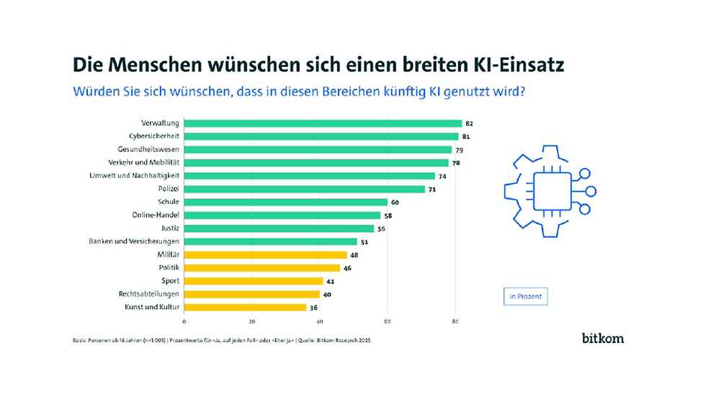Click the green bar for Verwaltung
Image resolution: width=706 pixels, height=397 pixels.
click(323, 123)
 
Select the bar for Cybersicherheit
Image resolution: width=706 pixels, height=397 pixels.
click(321, 136)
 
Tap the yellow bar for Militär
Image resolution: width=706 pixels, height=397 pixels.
click(266, 254)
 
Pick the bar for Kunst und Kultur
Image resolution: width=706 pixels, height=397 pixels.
click(245, 308)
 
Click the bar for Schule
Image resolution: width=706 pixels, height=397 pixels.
click(286, 202)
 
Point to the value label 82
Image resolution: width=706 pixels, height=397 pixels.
click(469, 123)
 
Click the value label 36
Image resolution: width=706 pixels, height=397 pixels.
click(313, 308)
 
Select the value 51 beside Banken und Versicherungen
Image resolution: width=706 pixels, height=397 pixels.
click(365, 241)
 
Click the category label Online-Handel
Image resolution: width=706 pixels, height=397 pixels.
click(156, 215)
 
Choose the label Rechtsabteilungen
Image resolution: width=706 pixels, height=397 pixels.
click(149, 294)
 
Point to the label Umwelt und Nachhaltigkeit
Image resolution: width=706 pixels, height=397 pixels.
click(135, 176)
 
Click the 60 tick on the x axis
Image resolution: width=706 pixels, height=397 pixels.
click(388, 321)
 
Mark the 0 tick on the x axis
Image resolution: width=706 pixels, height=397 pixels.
click(184, 321)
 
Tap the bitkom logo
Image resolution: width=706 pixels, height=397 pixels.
click(603, 338)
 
